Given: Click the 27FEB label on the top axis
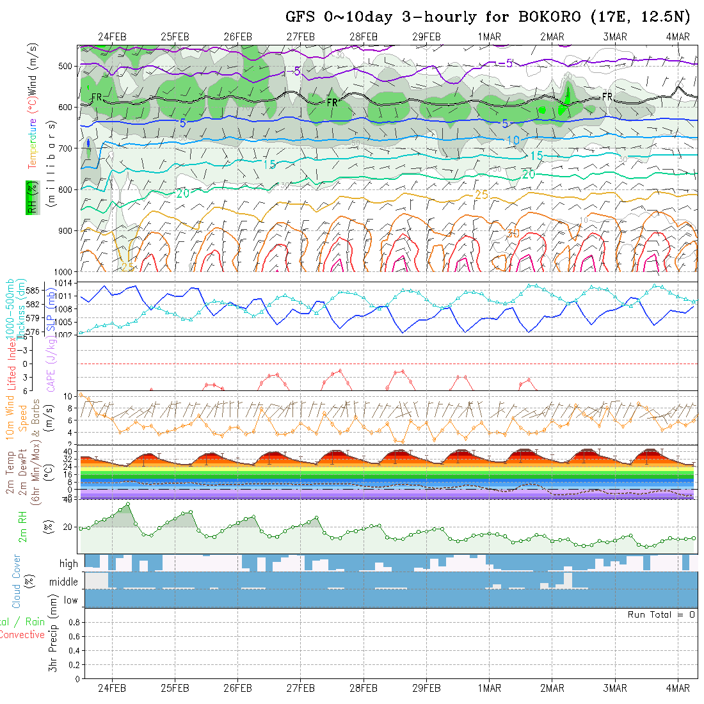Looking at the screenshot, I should [x=300, y=36].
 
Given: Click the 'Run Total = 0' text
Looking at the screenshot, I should [x=661, y=614].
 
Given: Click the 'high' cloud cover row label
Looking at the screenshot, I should [x=68, y=564].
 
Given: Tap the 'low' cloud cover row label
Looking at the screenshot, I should [x=70, y=600].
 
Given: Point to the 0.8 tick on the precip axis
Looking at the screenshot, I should [x=73, y=622].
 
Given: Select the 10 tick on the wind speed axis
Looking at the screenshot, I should [x=72, y=396].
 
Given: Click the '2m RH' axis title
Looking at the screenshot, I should [x=23, y=526].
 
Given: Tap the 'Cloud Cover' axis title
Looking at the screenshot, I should [x=17, y=581].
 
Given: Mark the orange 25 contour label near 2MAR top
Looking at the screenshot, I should [x=482, y=194].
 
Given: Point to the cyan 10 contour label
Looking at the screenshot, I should [x=513, y=140].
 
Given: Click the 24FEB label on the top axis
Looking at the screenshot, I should [x=112, y=36].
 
